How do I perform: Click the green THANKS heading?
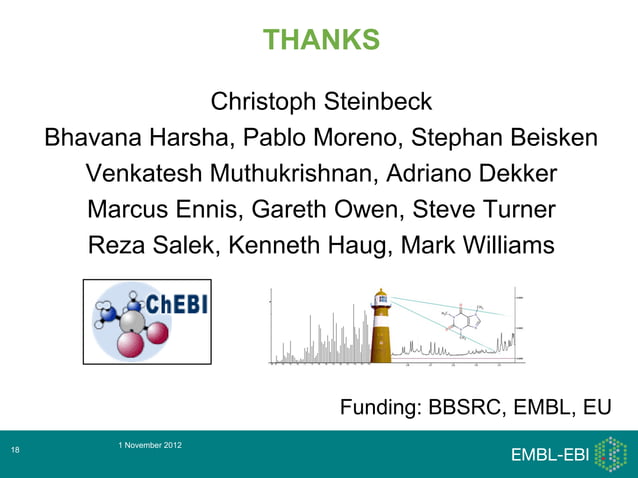point(321,40)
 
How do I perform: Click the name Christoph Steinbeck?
point(321,102)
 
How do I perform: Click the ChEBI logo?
point(147,320)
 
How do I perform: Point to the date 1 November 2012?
point(149,443)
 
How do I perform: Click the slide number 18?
point(15,453)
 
